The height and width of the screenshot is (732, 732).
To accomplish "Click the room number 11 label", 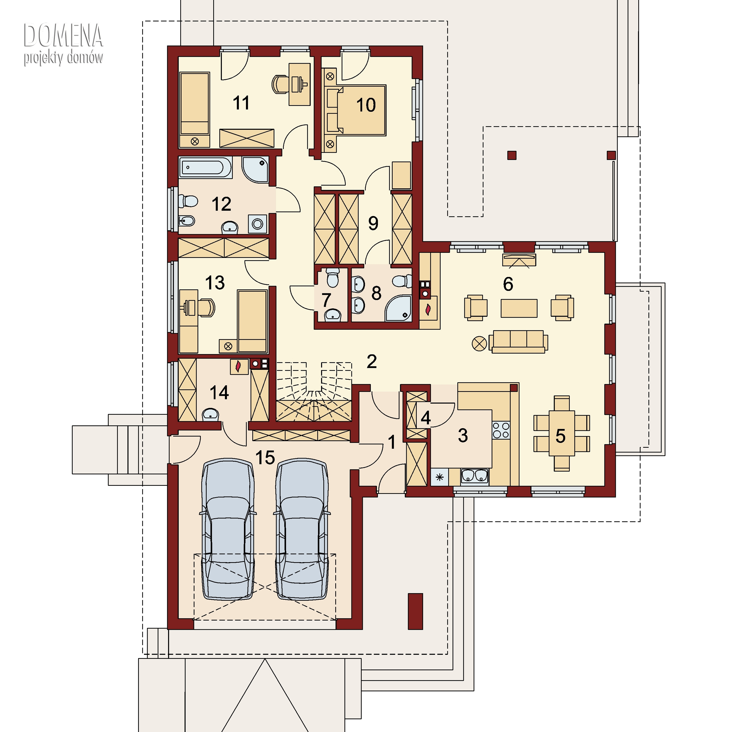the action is pos(241,103).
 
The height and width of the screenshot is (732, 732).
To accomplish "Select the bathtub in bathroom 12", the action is pos(205,167).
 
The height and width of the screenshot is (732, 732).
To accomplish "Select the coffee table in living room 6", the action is pos(519,308).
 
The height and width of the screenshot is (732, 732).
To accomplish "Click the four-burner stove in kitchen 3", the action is pos(501,430).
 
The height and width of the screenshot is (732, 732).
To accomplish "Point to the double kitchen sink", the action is pos(474,476).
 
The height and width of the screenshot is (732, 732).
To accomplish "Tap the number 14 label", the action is pos(219,393).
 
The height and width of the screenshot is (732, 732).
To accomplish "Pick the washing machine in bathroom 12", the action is pos(258,224).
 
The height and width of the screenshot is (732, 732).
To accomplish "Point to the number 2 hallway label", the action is pos(372,361).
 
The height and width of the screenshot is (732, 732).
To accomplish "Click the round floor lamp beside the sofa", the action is pos(479,344).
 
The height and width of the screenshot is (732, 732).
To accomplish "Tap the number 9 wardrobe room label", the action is pos(373,223).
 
